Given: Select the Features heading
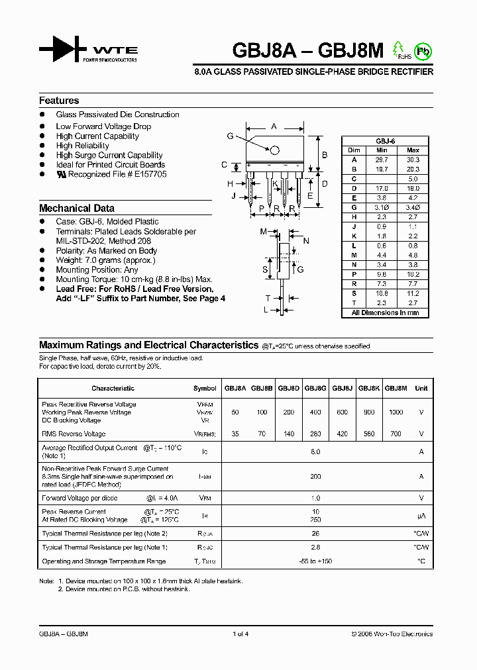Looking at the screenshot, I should [59, 101].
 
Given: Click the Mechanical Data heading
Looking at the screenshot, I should [77, 208].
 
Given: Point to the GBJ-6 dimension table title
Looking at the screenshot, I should [385, 141].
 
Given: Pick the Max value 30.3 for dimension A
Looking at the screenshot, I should [413, 160].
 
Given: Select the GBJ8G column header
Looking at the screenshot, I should [315, 389].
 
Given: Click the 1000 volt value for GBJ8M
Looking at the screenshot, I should [396, 412].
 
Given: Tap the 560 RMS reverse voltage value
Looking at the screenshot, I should [369, 434].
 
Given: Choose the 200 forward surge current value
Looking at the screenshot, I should [315, 476].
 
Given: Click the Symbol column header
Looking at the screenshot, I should [205, 389].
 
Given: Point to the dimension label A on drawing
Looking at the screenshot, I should [274, 126].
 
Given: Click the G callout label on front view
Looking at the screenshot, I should [230, 136].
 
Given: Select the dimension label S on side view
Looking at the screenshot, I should [265, 269].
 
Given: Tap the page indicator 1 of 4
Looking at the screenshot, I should [240, 634].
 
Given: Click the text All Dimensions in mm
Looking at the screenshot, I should [385, 312].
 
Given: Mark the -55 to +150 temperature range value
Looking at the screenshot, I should [315, 561].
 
